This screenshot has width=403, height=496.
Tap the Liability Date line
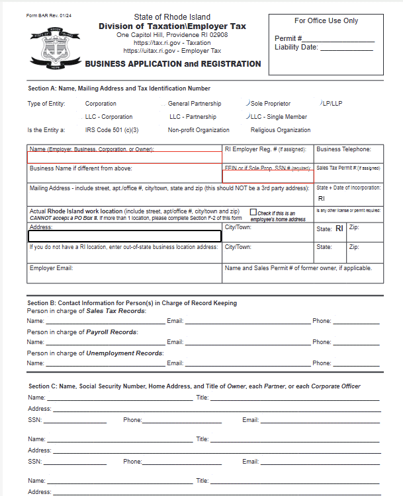347,48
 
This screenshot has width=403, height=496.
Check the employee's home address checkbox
253,213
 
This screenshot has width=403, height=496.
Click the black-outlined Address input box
124,236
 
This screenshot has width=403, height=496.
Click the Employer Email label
51,268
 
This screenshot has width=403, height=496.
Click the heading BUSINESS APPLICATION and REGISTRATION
173,64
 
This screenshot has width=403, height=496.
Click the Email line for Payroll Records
247,343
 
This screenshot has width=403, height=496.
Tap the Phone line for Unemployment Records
356,365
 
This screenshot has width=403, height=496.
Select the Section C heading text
194,386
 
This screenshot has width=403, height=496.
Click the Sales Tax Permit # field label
348,168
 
